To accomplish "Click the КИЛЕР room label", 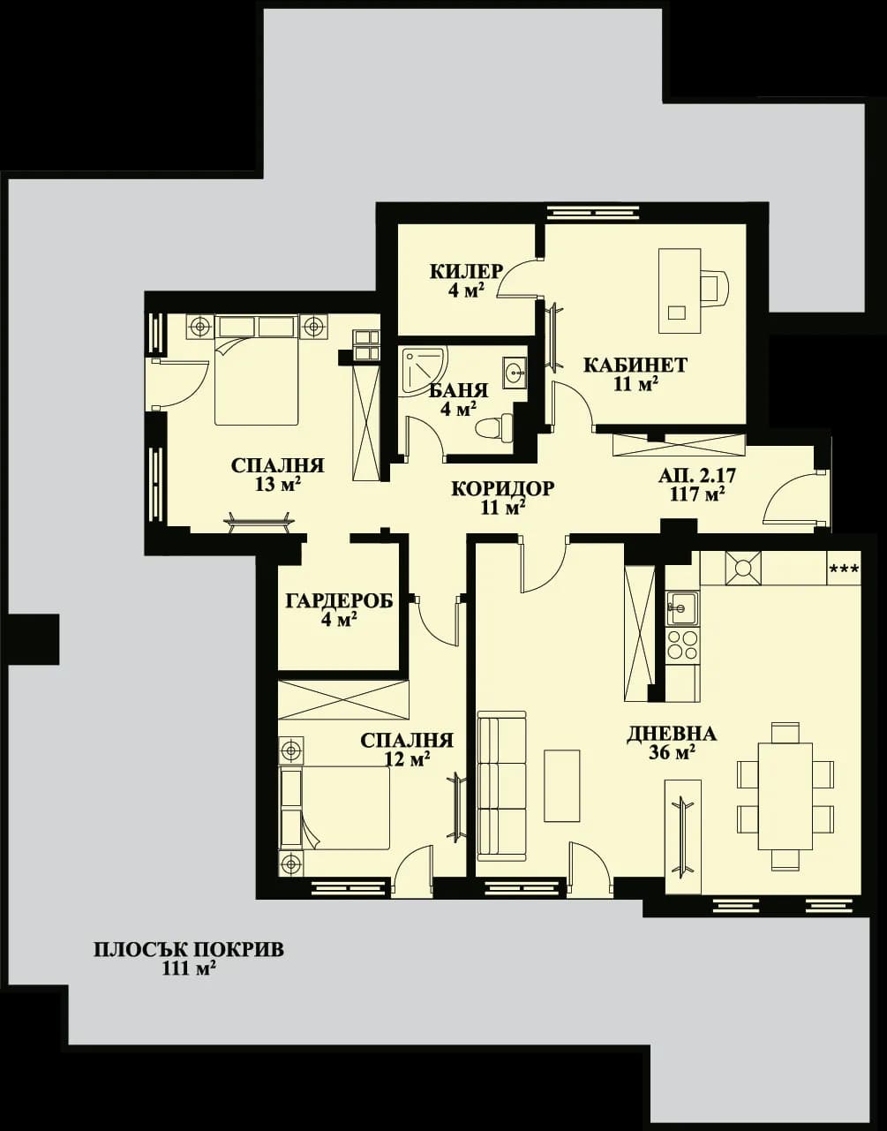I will (x=466, y=271).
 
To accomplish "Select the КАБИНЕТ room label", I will (x=635, y=365).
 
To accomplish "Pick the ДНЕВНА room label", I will (x=672, y=734).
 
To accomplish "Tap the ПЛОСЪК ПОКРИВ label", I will (x=189, y=950).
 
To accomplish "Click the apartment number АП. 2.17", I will (x=697, y=476).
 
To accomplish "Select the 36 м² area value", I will (x=672, y=752).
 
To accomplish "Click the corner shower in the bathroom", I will (x=421, y=368).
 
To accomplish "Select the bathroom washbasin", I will (x=515, y=373).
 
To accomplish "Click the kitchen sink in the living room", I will (x=681, y=607).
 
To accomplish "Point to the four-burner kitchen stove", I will (x=682, y=645).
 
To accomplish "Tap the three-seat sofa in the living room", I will (x=500, y=786).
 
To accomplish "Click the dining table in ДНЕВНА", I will (x=785, y=795).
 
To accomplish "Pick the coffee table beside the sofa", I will (x=561, y=786).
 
